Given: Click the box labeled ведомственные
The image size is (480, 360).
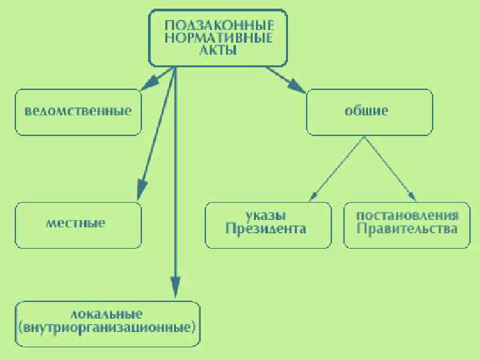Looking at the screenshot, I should tap(78, 111).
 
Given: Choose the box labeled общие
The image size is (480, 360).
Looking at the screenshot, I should tap(369, 111).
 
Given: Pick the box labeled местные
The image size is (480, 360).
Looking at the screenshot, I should tap(78, 225).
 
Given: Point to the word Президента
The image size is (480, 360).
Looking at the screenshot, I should tap(266, 229).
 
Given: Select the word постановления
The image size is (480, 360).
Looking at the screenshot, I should tap(407, 215).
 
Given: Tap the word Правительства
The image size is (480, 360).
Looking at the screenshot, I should tap(407, 229).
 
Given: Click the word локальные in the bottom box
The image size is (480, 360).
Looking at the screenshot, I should tap(107, 313).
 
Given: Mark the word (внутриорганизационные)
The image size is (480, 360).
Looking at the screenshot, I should tap(107, 328).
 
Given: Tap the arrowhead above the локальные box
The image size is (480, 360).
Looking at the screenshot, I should tap(175, 288).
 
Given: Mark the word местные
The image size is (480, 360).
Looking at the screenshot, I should tap(75, 223).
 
